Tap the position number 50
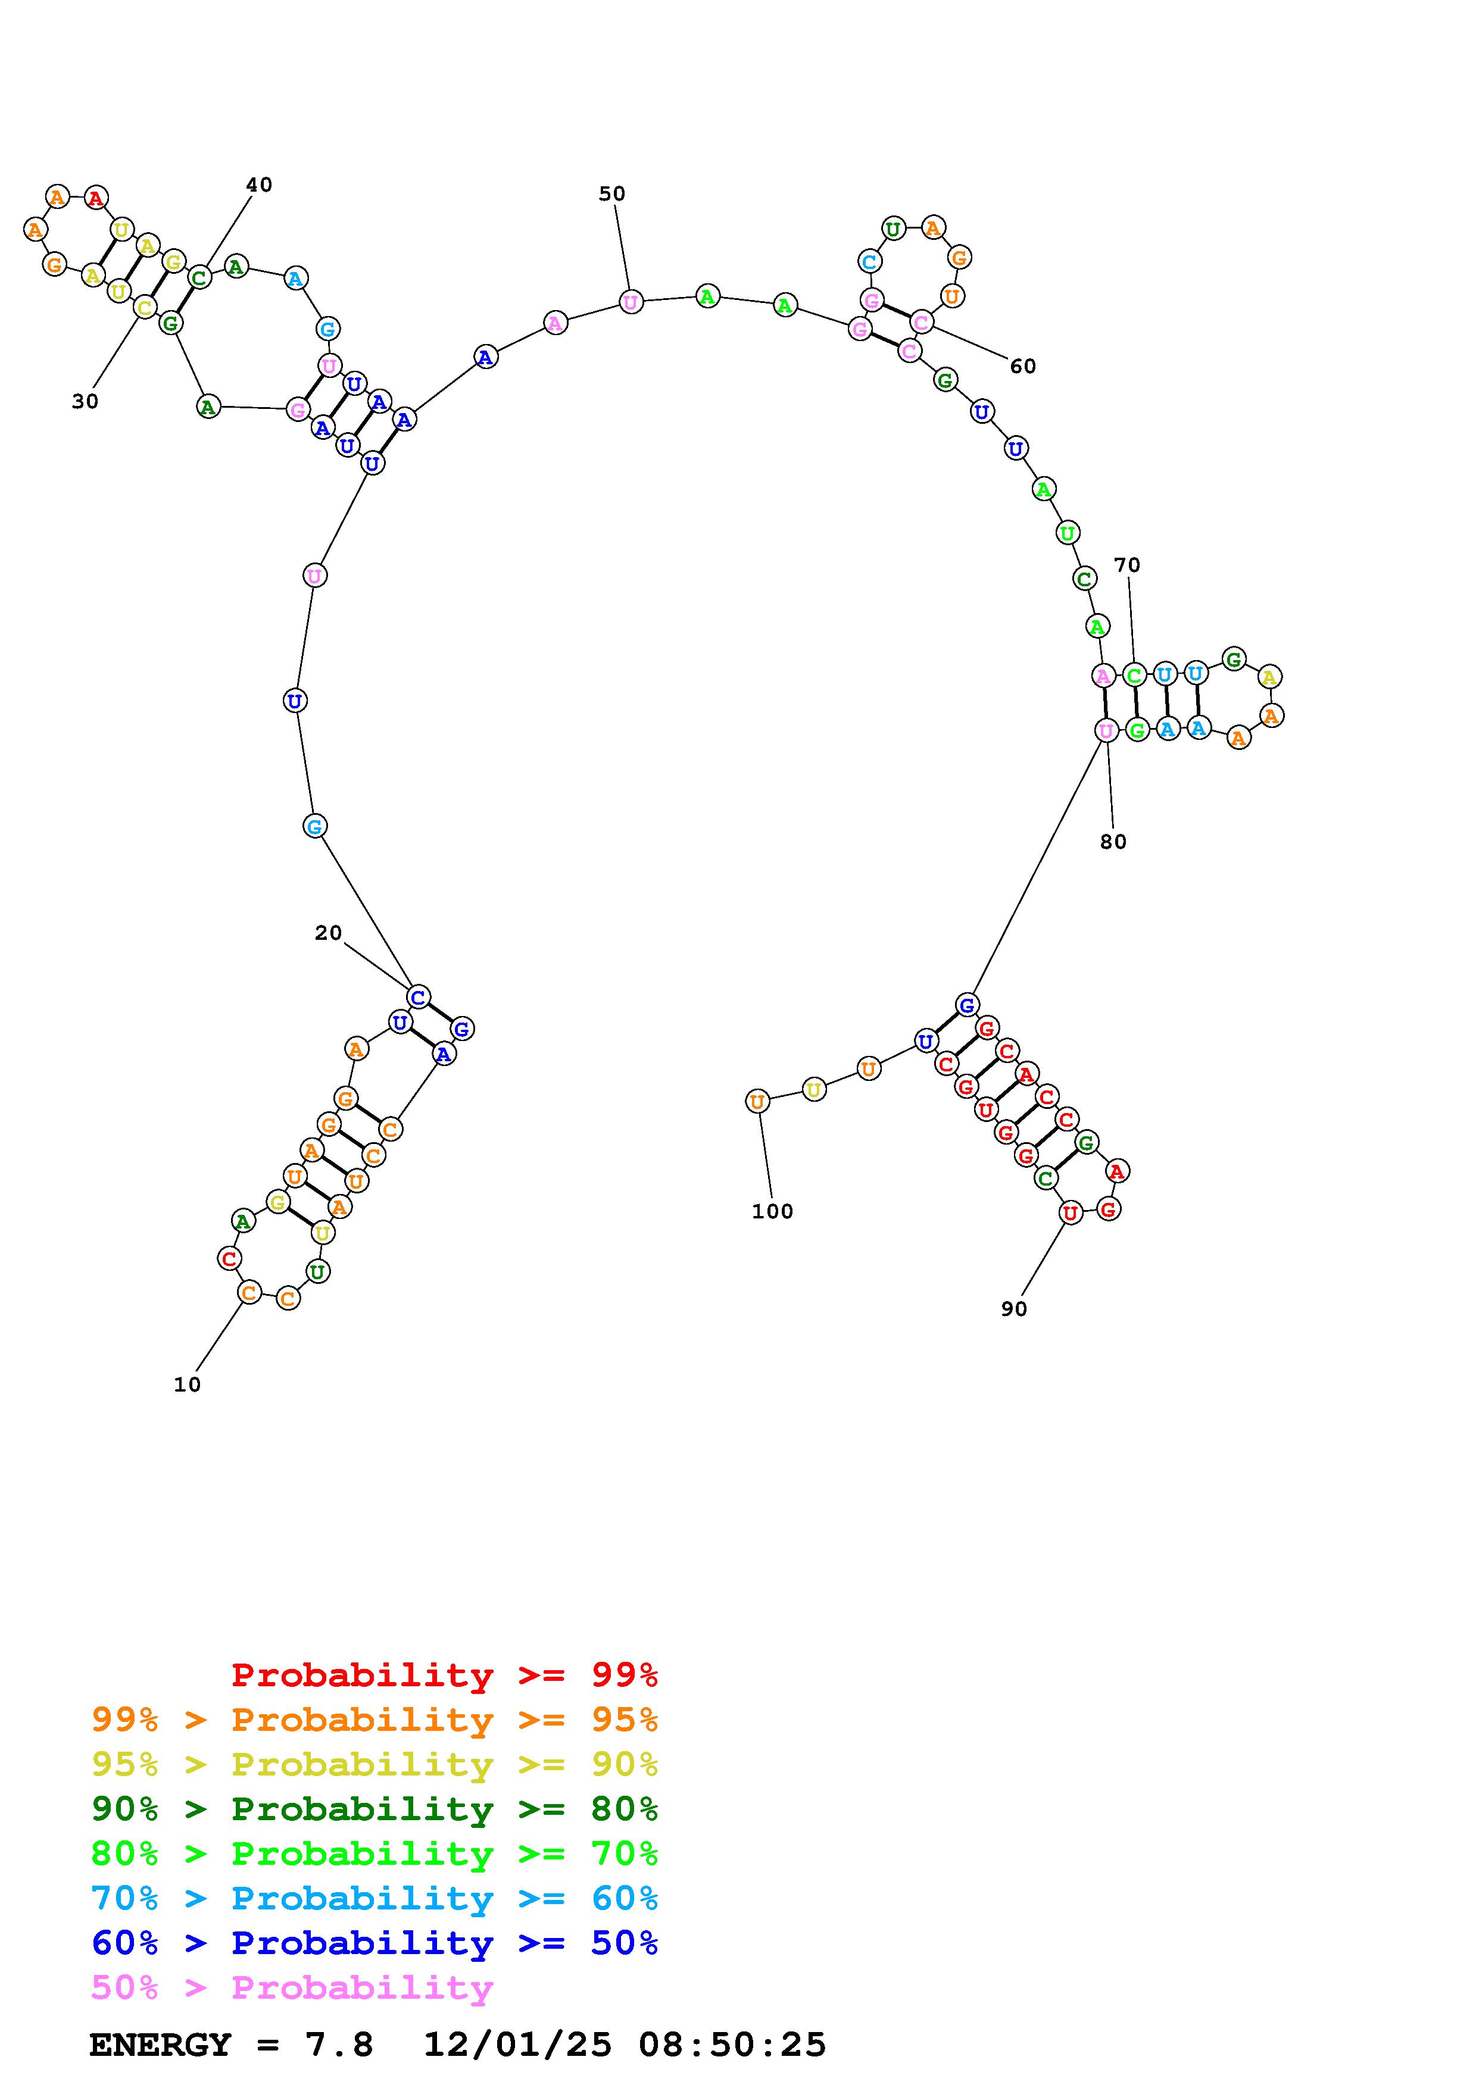[x=612, y=193]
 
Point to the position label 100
[x=772, y=1211]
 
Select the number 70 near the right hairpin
[x=1126, y=565]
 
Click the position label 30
[x=85, y=401]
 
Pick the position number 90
[x=1014, y=1309]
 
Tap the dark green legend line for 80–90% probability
[x=375, y=1809]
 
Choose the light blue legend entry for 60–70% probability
[x=375, y=1899]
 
